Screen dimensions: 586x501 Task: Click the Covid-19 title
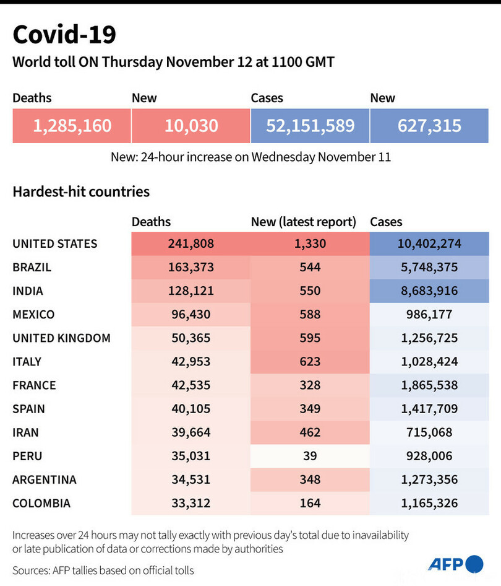coord(64,35)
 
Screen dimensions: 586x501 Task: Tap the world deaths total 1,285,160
coord(72,126)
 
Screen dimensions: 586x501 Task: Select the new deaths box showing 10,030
coord(191,126)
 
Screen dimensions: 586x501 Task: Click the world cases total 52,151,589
coord(310,126)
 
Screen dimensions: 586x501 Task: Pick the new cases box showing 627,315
coord(429,126)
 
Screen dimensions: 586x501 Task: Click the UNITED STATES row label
coord(55,243)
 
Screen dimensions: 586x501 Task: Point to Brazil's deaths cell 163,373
coord(191,268)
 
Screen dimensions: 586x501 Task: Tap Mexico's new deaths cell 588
coord(309,315)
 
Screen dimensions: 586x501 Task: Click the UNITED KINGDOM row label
coord(61,338)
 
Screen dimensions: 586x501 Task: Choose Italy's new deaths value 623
coord(309,362)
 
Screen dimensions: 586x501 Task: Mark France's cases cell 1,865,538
coord(429,385)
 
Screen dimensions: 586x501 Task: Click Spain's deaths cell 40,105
coord(191,409)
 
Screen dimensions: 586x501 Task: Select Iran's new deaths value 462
coord(309,432)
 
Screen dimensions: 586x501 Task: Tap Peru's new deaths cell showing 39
coord(309,456)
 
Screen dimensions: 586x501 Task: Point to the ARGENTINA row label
coord(45,479)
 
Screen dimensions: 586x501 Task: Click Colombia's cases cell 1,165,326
coord(429,503)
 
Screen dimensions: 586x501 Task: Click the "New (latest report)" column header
coord(304,222)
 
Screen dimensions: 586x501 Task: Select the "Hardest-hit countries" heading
coord(81,191)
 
